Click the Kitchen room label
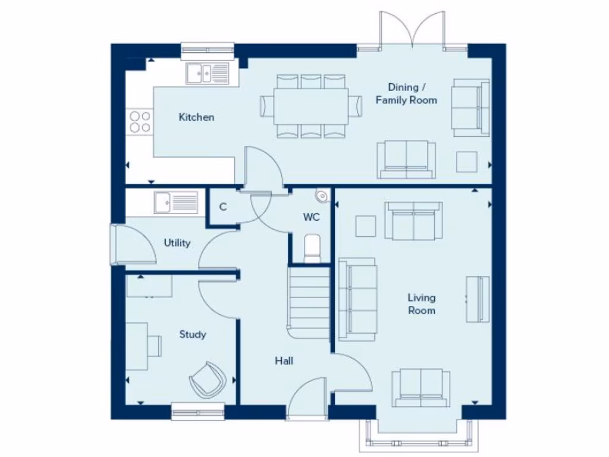coord(196,117)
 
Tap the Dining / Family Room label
coord(406,93)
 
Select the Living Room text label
coord(421,303)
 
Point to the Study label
coord(193,334)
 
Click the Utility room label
coord(177,243)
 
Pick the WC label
coord(312,217)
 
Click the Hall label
coord(284,361)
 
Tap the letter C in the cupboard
coord(223,207)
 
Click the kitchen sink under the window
coord(207,74)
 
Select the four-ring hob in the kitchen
coord(140,122)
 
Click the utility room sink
coord(175,202)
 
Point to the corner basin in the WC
coord(322,195)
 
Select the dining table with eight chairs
coord(310,107)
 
